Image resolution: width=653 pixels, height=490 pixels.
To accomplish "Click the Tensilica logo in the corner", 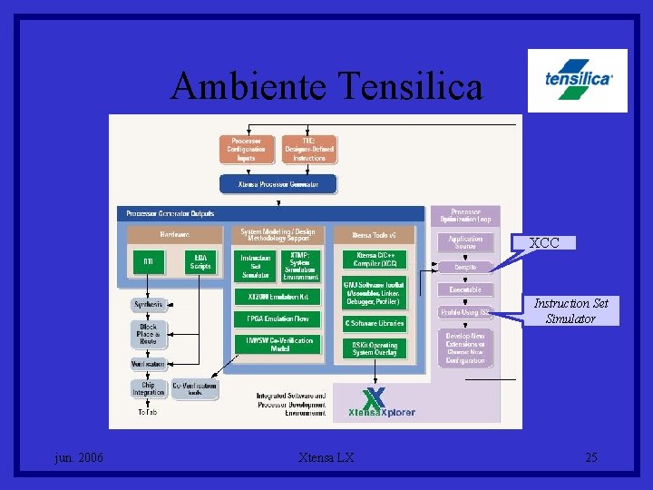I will (579, 80).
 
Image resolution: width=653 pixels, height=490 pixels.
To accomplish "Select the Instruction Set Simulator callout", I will (570, 310).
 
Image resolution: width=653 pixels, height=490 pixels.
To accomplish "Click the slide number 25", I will (591, 457).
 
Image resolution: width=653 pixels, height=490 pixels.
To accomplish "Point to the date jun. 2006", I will (79, 457).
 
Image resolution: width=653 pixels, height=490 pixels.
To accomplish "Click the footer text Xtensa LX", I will (326, 457).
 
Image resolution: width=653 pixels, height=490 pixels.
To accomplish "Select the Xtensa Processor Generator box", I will (278, 183).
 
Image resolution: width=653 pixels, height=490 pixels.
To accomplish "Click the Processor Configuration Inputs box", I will (246, 150).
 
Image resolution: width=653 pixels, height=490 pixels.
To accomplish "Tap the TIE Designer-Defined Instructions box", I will (308, 150).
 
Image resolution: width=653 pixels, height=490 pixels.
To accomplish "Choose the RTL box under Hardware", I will (148, 262).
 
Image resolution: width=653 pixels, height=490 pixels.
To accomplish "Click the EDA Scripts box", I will (200, 262).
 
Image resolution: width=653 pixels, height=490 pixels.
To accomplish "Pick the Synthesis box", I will (148, 304).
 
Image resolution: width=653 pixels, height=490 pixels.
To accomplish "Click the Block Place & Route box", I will (148, 333).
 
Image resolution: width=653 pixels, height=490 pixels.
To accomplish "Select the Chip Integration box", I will (148, 388).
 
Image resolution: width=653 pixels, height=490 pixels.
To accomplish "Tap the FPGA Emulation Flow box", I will (278, 318).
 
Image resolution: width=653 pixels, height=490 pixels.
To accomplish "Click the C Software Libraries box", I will (374, 323).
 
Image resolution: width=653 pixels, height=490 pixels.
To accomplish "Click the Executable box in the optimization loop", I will (465, 289).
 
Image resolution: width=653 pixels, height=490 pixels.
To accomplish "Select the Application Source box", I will (465, 242).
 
